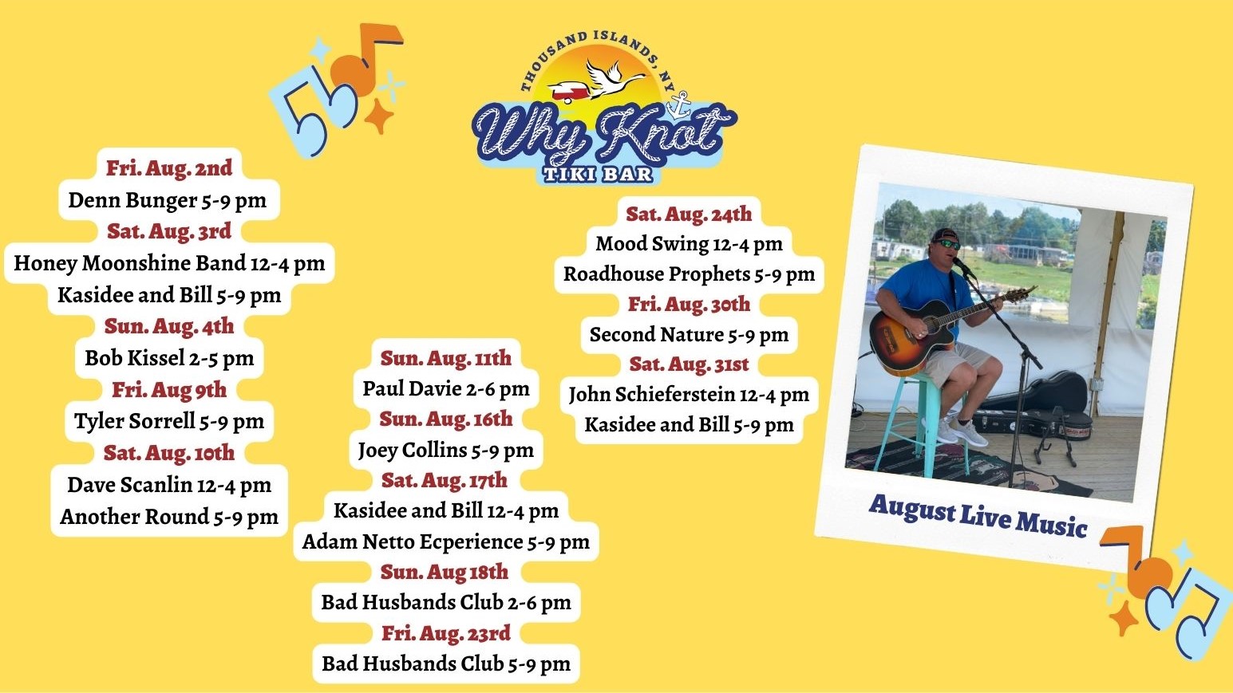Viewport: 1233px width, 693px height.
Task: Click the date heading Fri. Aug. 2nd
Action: [x=169, y=168]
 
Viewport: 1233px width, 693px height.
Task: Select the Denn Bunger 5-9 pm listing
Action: [x=168, y=200]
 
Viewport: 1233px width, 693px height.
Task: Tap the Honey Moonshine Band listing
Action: [x=169, y=263]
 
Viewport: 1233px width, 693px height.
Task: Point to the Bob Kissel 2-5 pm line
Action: [x=169, y=358]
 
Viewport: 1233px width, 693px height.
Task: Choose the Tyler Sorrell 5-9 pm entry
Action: [x=169, y=421]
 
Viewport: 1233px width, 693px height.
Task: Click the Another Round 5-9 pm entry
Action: [x=169, y=517]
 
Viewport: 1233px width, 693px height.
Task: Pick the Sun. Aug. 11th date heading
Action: [x=445, y=358]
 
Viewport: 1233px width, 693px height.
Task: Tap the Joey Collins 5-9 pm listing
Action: [x=445, y=451]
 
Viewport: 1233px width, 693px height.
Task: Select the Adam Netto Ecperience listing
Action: [x=445, y=542]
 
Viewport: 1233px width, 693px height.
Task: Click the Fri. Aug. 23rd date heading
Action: [x=445, y=634]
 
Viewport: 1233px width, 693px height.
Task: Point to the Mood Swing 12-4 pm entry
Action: [x=689, y=244]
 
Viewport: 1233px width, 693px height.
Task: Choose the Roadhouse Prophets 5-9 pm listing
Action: [x=689, y=274]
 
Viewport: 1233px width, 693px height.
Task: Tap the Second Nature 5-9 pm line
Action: [x=689, y=335]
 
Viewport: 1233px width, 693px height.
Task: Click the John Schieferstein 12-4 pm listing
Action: [x=689, y=395]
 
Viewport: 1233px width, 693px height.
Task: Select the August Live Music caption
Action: [x=978, y=514]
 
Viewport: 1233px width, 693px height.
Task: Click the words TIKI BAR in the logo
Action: [x=598, y=175]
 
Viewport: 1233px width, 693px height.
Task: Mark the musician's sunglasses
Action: [x=947, y=244]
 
